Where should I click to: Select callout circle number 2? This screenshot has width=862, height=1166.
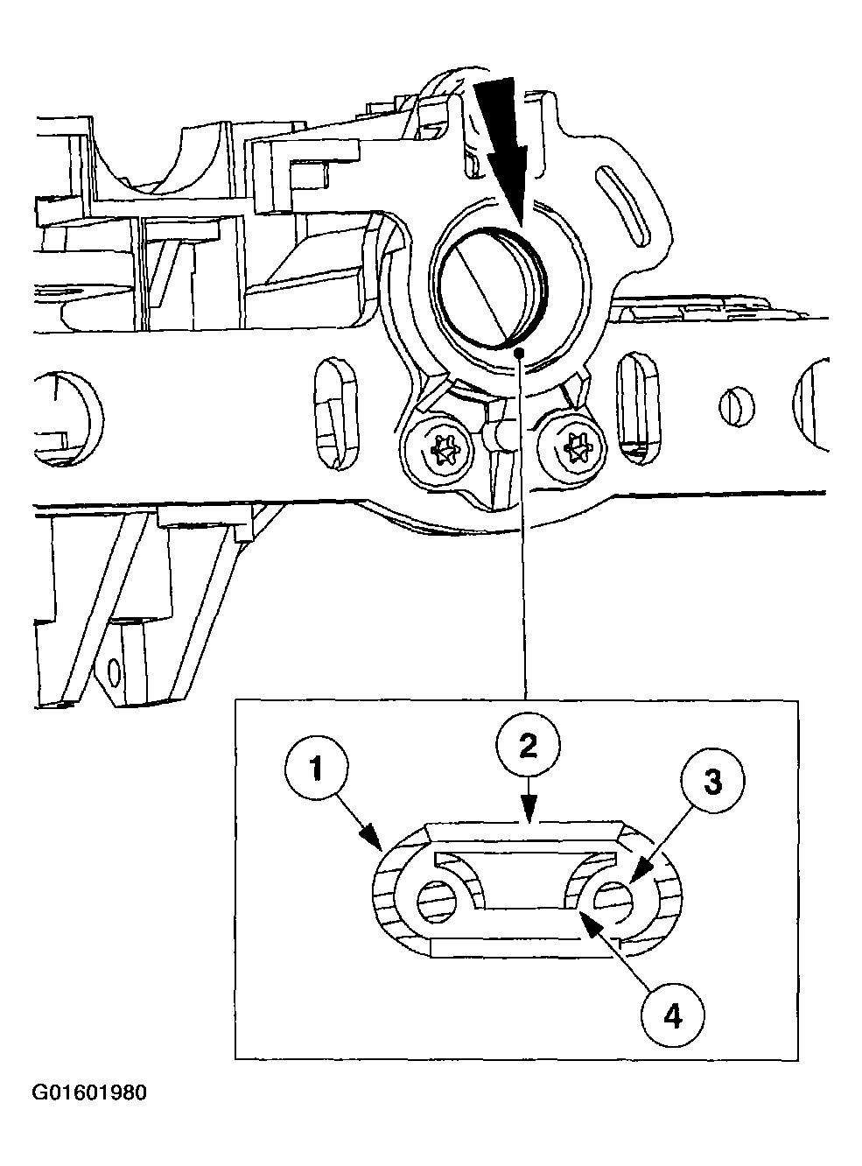(528, 747)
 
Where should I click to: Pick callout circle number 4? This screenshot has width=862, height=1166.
(672, 1015)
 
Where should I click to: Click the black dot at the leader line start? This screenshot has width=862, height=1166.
(521, 353)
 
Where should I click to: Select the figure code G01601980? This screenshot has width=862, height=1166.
(90, 1093)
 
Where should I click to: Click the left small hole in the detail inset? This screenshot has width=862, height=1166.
(436, 901)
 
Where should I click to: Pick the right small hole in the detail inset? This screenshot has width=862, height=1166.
(616, 898)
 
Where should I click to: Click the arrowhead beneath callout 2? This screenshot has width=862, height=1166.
(528, 818)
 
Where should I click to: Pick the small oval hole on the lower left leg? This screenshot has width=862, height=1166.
(113, 672)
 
